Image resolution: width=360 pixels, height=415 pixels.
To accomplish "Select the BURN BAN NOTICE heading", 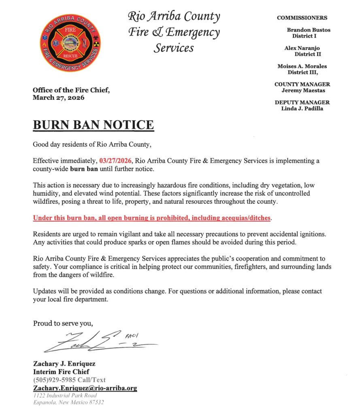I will (93, 125).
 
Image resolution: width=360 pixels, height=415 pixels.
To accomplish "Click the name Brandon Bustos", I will (309, 30).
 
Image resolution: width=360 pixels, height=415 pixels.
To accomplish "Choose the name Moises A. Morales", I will (302, 66).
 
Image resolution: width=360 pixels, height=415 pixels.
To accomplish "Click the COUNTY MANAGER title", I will (302, 84).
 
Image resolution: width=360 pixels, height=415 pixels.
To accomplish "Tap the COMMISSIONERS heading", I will (302, 18).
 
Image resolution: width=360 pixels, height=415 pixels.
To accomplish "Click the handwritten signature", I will (97, 342).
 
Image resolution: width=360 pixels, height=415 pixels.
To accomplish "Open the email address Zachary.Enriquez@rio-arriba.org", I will (85, 388).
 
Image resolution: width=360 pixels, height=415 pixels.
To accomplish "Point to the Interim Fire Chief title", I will (61, 372).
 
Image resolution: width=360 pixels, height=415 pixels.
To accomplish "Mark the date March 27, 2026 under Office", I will (59, 98).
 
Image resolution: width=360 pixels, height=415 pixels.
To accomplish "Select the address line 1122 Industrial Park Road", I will (65, 396).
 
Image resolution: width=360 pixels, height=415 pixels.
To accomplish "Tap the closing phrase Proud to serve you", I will (63, 323).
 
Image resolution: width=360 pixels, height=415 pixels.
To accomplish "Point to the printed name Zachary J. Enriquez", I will (64, 364).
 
